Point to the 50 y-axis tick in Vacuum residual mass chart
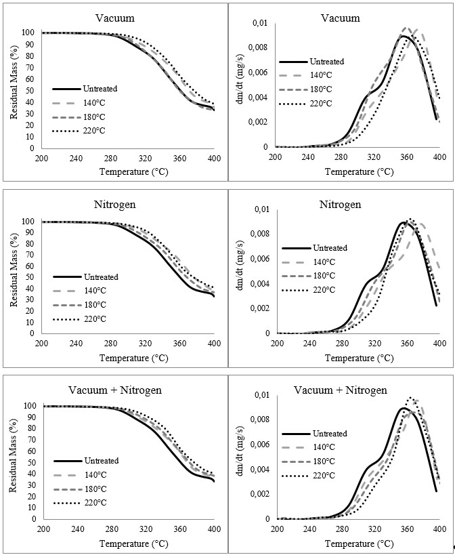coord(29,89)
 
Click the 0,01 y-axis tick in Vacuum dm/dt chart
coord(260,24)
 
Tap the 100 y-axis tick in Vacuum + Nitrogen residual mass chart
coord(28,406)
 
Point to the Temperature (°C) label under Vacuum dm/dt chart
coord(356,171)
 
